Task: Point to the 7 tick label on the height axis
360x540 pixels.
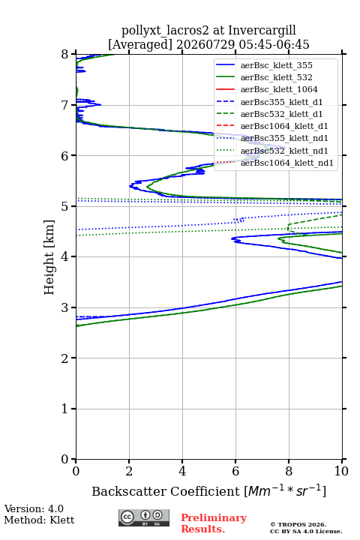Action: [65, 105]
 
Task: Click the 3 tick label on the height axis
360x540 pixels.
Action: [65, 307]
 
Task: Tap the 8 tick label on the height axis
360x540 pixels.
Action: [65, 55]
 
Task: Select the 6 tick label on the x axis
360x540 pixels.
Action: [235, 471]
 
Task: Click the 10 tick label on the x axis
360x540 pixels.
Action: [341, 471]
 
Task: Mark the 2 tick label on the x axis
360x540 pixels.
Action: [129, 471]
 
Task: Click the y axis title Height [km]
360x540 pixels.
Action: [49, 257]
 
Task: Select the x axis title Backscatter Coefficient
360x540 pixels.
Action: [166, 491]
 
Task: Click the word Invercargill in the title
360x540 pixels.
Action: [262, 31]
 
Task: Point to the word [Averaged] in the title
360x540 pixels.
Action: [140, 45]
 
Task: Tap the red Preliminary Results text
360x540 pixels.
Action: [214, 523]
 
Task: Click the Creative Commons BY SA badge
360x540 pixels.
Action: [144, 517]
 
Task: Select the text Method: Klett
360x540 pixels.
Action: [39, 520]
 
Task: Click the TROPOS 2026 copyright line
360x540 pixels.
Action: [298, 524]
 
